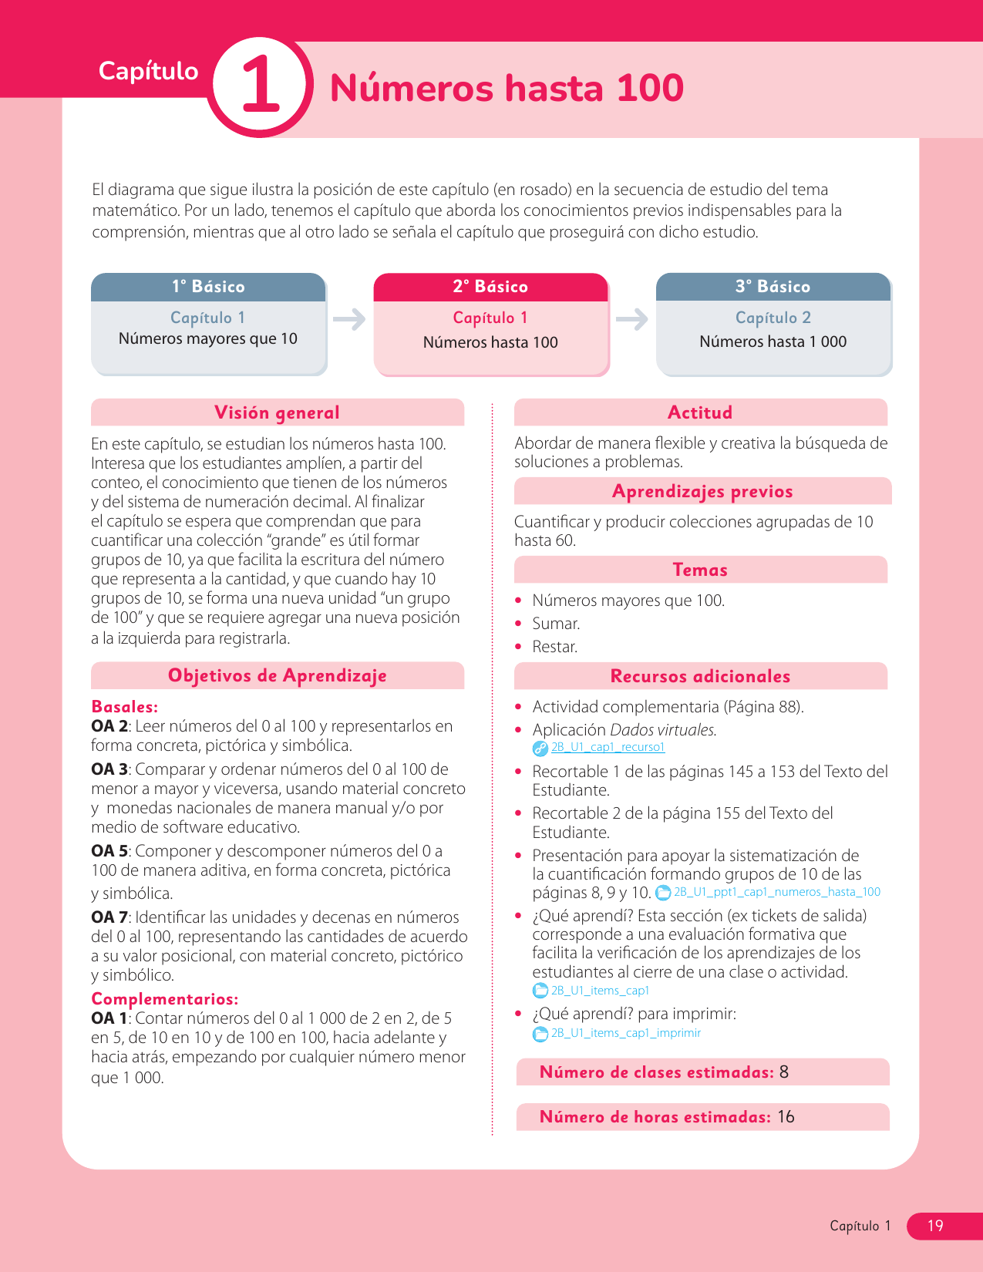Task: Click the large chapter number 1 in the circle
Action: coord(261,86)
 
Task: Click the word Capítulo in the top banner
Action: coord(148,71)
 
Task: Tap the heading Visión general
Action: coord(277,412)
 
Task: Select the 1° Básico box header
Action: coord(208,287)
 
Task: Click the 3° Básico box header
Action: coord(773,287)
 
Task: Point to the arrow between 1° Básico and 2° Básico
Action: coord(349,318)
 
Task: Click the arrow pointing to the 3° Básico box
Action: coord(632,318)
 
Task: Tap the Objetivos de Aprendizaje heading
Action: coord(277,676)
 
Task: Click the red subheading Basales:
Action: coord(124,707)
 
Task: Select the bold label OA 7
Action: coord(109,917)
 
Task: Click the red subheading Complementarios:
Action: coord(164,999)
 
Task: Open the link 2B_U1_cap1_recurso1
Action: coord(608,747)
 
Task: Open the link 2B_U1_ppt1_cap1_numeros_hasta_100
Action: coord(776,892)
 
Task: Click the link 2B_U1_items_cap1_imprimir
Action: coord(625,1033)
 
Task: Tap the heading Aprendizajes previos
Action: coord(702,492)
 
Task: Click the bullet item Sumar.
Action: coord(556,624)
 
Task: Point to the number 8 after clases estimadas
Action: coord(784,1072)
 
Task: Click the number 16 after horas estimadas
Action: coord(786,1117)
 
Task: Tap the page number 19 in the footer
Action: coord(935,1226)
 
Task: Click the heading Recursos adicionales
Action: coord(700,676)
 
